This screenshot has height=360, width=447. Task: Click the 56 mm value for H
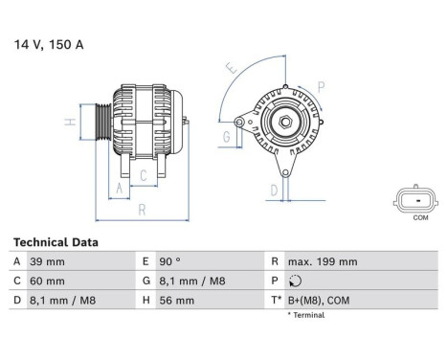click(179, 300)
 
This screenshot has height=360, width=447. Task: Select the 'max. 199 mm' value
click(324, 261)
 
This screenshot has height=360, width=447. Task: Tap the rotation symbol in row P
click(293, 281)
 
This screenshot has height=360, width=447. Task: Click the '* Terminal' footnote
click(306, 314)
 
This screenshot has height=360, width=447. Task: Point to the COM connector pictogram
click(413, 199)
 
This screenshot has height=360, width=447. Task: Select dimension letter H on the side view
click(70, 123)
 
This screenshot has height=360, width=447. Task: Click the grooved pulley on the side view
click(101, 124)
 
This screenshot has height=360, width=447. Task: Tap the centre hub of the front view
click(284, 122)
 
